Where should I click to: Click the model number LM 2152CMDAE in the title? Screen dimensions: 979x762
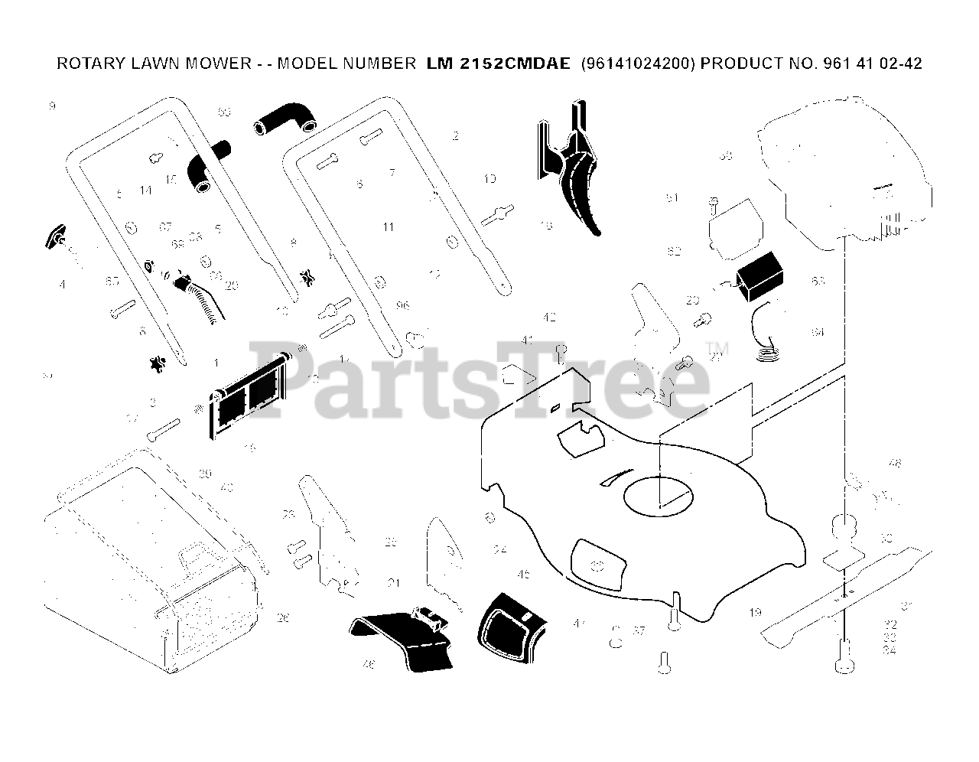498,63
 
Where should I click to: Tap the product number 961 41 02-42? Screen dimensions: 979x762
872,63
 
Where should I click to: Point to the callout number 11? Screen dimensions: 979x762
389,227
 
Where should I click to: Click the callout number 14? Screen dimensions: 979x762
146,190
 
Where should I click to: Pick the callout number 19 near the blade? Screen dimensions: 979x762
756,612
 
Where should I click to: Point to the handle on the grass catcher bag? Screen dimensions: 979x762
196,555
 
